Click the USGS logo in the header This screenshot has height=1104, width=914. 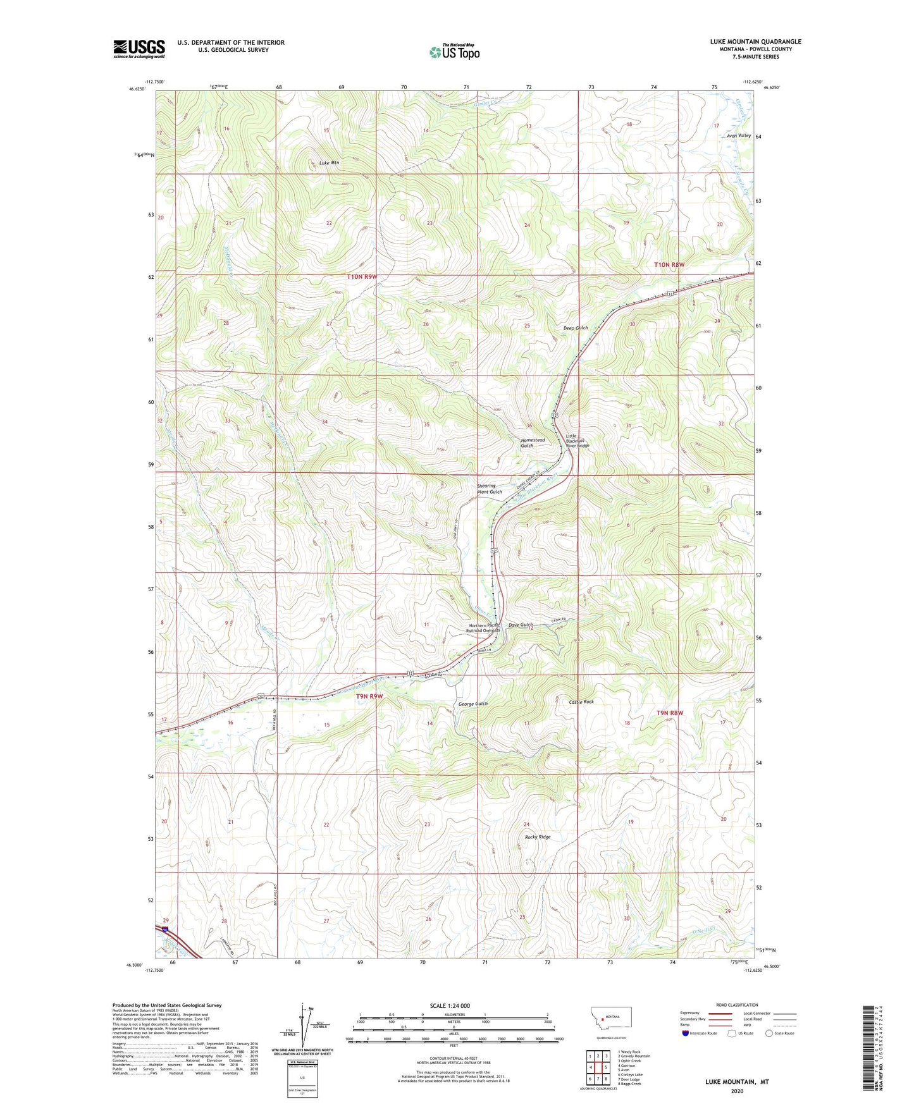coord(139,49)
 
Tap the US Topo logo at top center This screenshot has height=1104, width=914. coord(454,52)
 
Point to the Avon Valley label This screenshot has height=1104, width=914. coord(739,136)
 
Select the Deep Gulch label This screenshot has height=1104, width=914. coord(576,328)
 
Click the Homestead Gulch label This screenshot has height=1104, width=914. coord(533,443)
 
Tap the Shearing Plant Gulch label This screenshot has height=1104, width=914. coord(490,489)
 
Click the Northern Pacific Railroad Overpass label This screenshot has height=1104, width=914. coord(483,628)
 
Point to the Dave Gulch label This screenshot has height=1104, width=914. coord(521,625)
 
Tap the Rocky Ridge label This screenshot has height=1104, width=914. coord(538,837)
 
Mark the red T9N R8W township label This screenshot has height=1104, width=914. coord(670,713)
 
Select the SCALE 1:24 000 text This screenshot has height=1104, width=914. coord(450,1005)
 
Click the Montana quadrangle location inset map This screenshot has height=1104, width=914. coord(610,1020)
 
